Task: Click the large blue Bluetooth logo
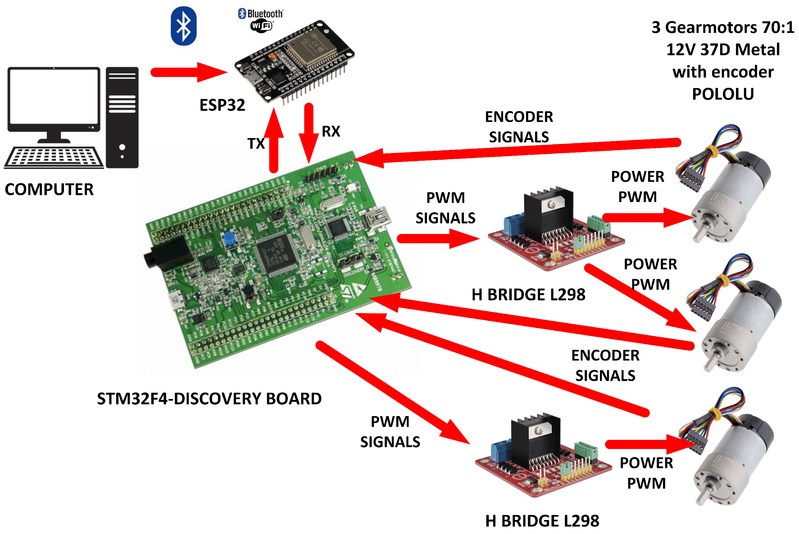pos(184,26)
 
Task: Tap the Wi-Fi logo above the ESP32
pos(261,26)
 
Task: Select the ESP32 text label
pos(222,105)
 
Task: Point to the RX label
pos(331,132)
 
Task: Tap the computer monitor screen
pos(54,96)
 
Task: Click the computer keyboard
pos(54,157)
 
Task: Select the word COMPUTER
pos(49,189)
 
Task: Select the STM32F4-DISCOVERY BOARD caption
pos(209,398)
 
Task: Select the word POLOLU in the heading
pos(723,94)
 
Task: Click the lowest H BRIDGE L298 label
pos(542,521)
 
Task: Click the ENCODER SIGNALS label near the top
pos(519,127)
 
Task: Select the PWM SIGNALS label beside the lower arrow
pos(390,432)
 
